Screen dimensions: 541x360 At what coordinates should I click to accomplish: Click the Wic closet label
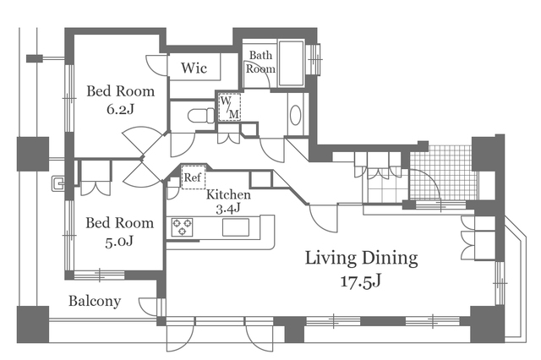click(194, 68)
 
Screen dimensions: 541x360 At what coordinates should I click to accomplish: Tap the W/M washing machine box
click(229, 106)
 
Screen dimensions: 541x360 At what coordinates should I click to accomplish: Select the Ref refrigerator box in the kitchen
click(194, 177)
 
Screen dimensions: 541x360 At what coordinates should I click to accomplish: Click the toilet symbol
click(201, 116)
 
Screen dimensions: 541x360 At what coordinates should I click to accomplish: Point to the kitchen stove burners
click(183, 227)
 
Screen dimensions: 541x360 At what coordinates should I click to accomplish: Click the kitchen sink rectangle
click(236, 227)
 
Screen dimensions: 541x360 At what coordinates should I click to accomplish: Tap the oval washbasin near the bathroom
click(295, 115)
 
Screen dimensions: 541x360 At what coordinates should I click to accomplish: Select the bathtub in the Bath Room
click(291, 63)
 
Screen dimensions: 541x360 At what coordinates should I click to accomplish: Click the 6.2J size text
click(120, 109)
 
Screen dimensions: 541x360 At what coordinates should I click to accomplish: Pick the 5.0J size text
click(119, 241)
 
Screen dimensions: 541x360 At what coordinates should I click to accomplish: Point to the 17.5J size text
click(361, 281)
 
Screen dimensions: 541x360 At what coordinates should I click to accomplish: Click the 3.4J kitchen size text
click(227, 209)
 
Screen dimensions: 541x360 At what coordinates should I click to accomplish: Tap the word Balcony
click(95, 301)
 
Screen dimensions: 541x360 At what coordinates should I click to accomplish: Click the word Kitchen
click(228, 194)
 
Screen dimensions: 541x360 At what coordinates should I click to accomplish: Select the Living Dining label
click(361, 259)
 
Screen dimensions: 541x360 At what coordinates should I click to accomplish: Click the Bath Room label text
click(260, 62)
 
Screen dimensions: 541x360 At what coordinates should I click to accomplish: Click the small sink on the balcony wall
click(57, 183)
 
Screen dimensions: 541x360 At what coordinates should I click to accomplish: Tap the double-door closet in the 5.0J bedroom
click(96, 178)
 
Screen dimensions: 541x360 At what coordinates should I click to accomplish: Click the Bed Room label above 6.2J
click(120, 91)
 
